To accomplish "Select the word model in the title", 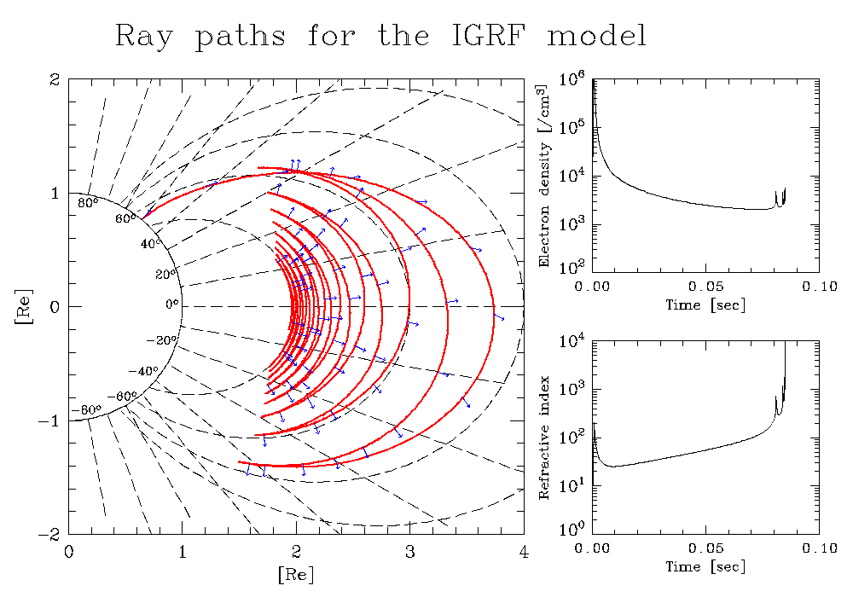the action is [x=597, y=36].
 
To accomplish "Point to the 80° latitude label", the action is [x=88, y=204].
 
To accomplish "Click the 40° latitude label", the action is [x=151, y=244].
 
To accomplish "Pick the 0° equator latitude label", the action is [x=172, y=304].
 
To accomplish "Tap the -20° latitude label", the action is [x=161, y=341].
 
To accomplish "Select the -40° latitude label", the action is [x=142, y=371].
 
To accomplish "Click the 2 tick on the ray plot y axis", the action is [x=54, y=80].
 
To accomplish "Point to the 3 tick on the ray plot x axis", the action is [x=409, y=553].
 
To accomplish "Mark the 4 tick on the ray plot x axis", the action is [x=524, y=553].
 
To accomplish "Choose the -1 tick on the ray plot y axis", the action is [x=49, y=421].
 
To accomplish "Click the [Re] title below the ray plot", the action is [x=296, y=574].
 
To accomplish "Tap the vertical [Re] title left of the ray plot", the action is [x=24, y=307].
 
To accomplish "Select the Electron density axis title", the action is [x=543, y=176].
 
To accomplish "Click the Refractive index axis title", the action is [x=543, y=438].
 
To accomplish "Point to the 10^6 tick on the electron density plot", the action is [x=572, y=80].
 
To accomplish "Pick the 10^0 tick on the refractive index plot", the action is [x=572, y=529].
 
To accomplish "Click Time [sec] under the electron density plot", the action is [x=705, y=305].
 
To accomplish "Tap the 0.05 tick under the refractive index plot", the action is [x=705, y=548].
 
